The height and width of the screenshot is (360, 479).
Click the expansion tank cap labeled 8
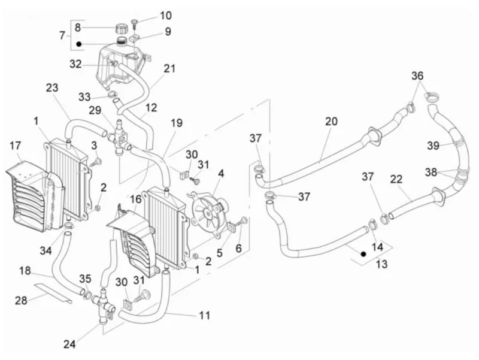(122, 29)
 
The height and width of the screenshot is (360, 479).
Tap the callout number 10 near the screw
(166, 16)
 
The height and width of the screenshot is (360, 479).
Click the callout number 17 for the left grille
(16, 146)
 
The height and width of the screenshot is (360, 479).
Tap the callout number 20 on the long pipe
(332, 122)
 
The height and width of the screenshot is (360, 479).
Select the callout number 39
(433, 146)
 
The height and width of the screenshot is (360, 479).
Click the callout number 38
(431, 173)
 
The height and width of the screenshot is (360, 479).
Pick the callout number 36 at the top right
(417, 75)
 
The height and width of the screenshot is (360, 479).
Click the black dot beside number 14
(363, 254)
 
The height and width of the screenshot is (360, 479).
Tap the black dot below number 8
(79, 44)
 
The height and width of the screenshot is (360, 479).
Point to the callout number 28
(21, 301)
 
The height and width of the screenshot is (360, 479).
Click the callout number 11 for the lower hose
(205, 314)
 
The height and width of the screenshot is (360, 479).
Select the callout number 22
(396, 179)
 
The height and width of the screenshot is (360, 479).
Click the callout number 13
(382, 264)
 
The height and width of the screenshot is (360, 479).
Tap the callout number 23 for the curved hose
(52, 87)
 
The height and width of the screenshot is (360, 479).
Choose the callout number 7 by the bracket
(62, 35)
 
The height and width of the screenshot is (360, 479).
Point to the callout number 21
(169, 68)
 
